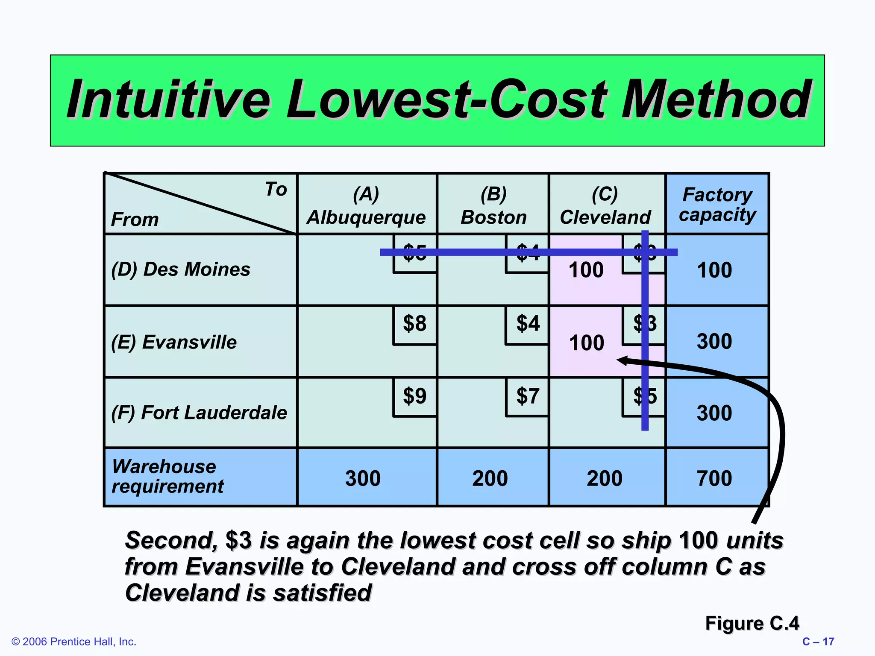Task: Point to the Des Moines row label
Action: (x=181, y=269)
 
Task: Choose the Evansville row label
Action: (x=174, y=342)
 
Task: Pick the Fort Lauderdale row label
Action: (x=199, y=413)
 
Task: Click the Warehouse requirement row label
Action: (x=167, y=476)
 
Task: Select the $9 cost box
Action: (x=415, y=396)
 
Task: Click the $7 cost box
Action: (x=528, y=396)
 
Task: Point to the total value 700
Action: (x=714, y=478)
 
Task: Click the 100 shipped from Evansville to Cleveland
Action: (x=587, y=343)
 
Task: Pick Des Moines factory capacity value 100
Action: (x=714, y=270)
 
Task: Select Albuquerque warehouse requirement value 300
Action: (x=363, y=478)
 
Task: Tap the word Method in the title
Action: (x=715, y=100)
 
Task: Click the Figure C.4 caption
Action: (x=752, y=623)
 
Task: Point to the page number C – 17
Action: (x=818, y=641)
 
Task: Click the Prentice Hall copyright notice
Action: (x=74, y=641)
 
